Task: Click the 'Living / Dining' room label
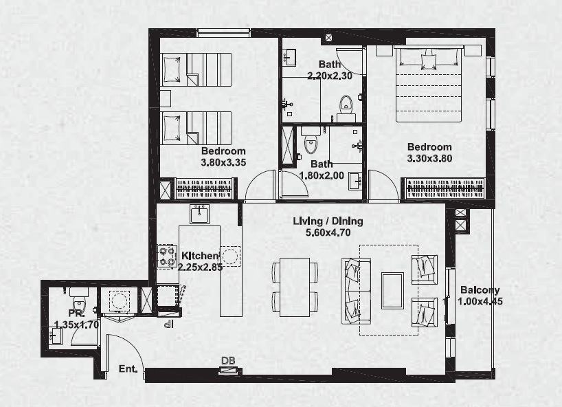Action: [x=328, y=221]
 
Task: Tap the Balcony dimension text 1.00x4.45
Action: [x=480, y=300]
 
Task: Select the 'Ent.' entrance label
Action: [x=128, y=369]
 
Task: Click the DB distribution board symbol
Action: [x=229, y=371]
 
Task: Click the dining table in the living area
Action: [x=295, y=287]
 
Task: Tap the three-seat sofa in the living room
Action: [x=356, y=291]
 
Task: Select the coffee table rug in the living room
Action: [x=392, y=291]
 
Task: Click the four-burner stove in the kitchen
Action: [x=167, y=256]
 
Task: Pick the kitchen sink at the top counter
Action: [x=200, y=214]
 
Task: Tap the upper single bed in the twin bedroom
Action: [x=197, y=69]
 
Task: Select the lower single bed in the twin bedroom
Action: [x=197, y=128]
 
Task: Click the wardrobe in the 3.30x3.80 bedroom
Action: [x=445, y=188]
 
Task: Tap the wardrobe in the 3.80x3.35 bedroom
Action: [x=204, y=188]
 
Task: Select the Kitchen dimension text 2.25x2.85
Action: [x=200, y=267]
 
